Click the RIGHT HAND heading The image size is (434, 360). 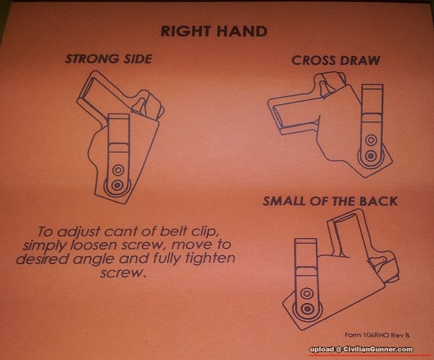click(214, 31)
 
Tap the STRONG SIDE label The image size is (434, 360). click(109, 59)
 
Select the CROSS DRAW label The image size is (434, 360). click(336, 60)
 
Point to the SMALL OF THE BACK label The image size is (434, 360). click(330, 201)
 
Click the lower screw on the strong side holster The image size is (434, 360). click(117, 185)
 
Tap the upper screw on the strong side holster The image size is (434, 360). click(119, 170)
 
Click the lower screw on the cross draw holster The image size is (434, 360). click(370, 155)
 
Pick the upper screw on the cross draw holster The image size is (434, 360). click(370, 140)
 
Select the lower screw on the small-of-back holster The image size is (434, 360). click(307, 308)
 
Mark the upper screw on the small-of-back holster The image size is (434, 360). click(306, 293)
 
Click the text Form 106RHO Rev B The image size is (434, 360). click(377, 335)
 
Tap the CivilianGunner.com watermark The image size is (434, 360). click(361, 350)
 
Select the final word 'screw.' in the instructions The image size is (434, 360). click(123, 273)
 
